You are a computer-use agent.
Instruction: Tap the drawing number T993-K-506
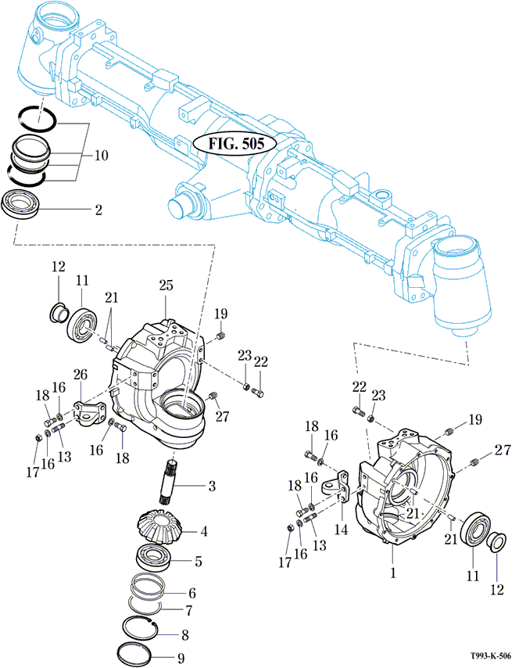(489, 657)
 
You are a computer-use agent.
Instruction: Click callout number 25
(166, 287)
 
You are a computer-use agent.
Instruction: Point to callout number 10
(102, 155)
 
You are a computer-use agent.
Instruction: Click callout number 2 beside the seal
(98, 210)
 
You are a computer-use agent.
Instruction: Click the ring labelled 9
(143, 654)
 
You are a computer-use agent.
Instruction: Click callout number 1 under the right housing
(393, 572)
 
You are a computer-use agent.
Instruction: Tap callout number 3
(210, 487)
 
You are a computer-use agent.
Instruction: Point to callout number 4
(203, 532)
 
